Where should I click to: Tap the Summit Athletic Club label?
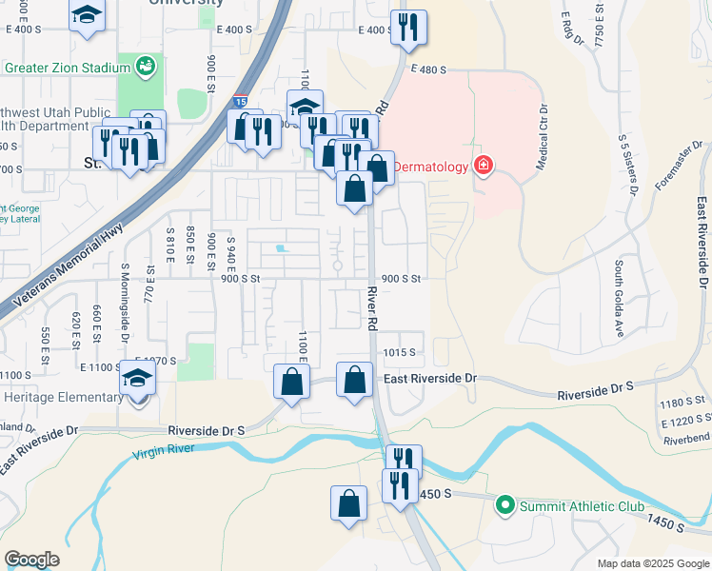click(x=582, y=506)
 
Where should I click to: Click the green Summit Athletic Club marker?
click(x=505, y=506)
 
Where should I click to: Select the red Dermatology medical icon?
click(x=485, y=167)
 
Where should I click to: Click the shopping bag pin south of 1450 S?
click(x=349, y=504)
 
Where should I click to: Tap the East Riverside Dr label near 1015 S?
click(x=429, y=379)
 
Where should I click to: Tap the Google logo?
click(x=31, y=560)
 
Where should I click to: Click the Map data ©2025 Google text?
click(x=653, y=563)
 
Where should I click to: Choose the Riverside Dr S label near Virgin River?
click(x=206, y=430)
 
